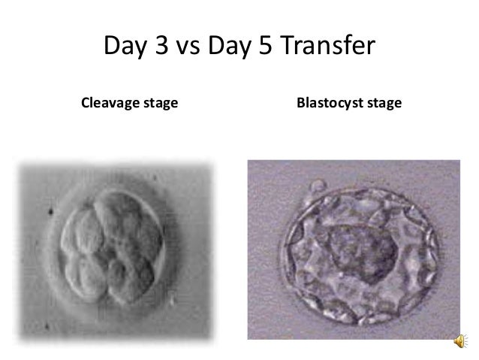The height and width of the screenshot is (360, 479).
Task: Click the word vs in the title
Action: coord(189,48)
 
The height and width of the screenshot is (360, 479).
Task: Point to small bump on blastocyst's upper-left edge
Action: coord(319,185)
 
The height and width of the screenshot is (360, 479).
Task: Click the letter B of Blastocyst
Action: coord(301,101)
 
